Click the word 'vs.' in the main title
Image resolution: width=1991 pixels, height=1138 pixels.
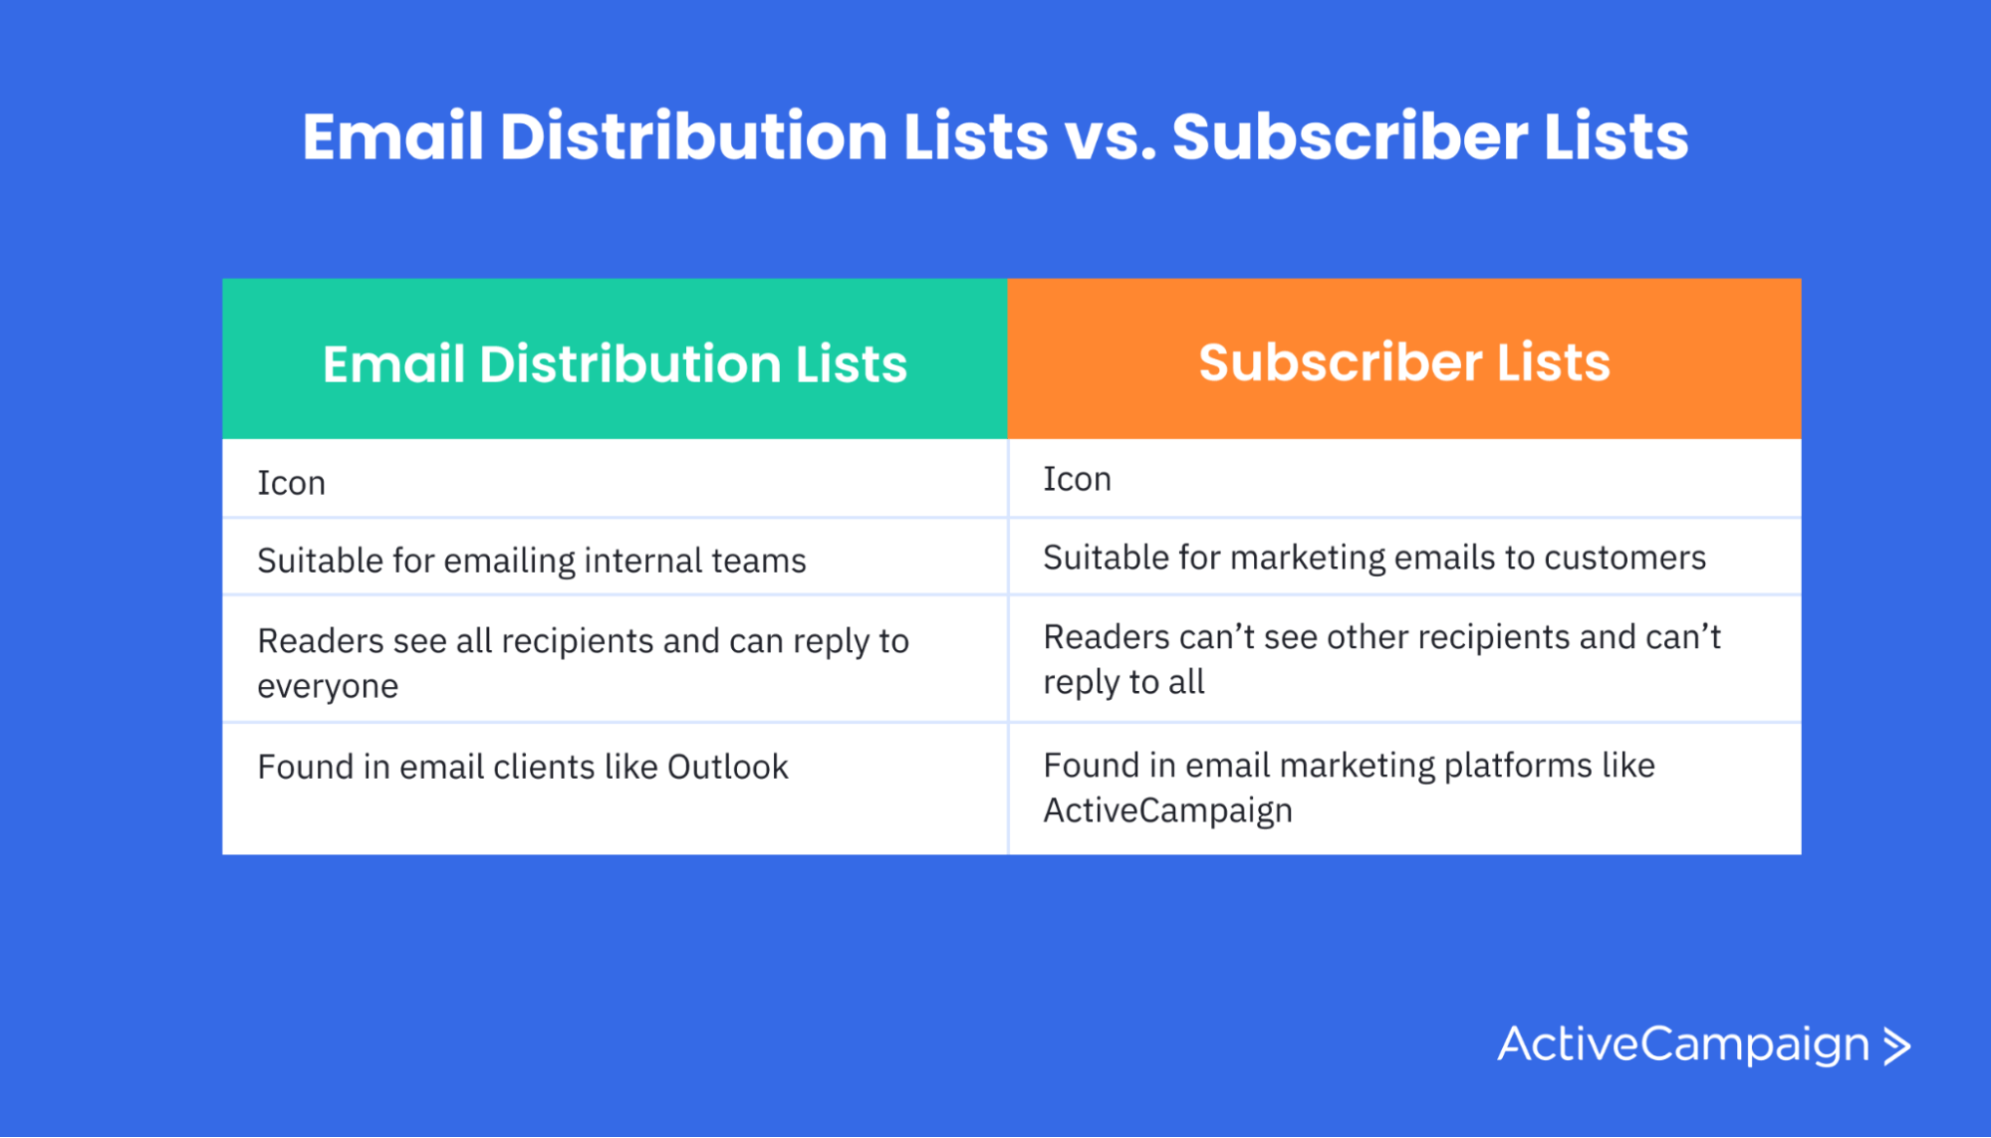(x=1109, y=137)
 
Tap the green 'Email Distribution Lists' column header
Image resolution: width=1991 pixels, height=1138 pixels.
(x=615, y=362)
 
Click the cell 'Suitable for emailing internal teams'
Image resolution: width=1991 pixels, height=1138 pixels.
(x=531, y=561)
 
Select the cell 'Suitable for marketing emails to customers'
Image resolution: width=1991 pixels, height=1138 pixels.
(x=1373, y=558)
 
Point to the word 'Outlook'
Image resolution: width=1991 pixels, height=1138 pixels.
(x=727, y=767)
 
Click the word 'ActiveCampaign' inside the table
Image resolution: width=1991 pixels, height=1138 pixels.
(x=1167, y=810)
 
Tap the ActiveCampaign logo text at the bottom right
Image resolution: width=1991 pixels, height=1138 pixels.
(x=1682, y=1044)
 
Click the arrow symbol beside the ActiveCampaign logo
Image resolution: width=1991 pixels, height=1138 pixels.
(x=1897, y=1046)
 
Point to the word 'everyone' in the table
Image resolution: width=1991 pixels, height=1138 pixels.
(x=328, y=686)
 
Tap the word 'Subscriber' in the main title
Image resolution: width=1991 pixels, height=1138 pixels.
(x=1350, y=137)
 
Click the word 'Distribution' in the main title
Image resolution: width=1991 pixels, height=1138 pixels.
(x=693, y=137)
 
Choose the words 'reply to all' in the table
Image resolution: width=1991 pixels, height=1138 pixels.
(x=1123, y=682)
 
